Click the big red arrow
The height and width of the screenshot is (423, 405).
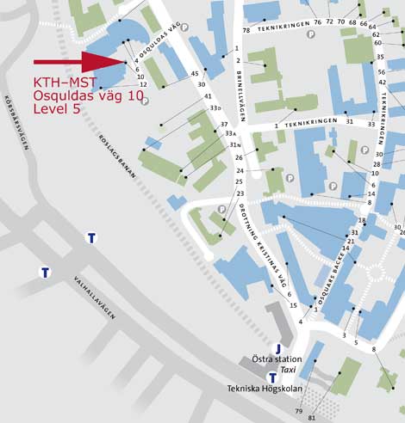click(78, 62)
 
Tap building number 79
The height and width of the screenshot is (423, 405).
click(299, 411)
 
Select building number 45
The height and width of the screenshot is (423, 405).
click(195, 74)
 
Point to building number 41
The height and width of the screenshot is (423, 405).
click(208, 96)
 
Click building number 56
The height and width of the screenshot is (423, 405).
click(380, 72)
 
